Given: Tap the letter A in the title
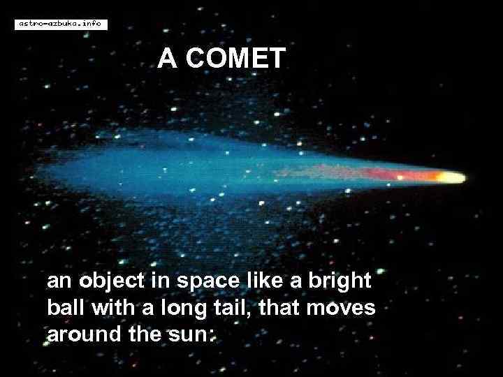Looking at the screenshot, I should point(167,59).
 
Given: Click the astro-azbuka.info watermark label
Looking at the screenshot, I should point(60,24).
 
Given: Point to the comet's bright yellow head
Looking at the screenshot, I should point(453,177).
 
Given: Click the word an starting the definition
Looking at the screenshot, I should point(57,283).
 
